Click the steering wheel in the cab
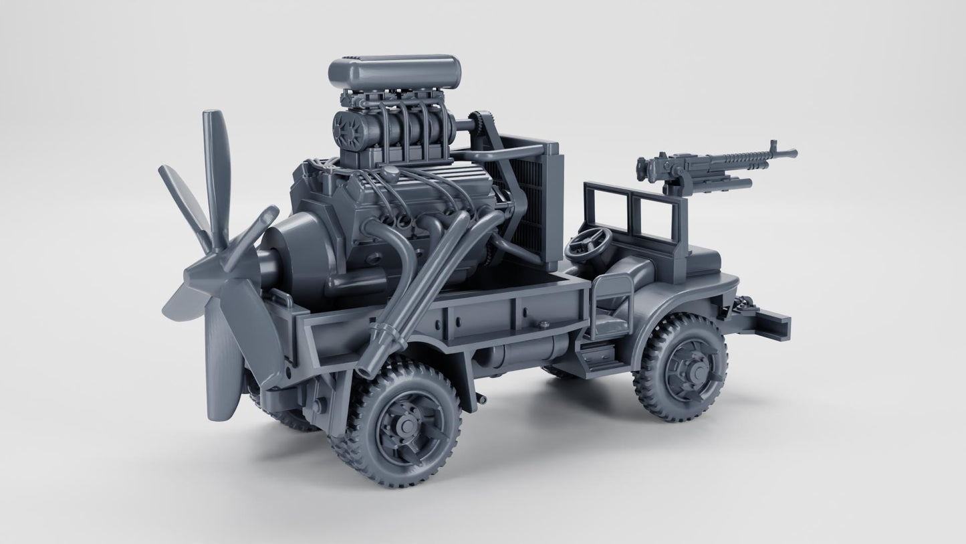point(588,244)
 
